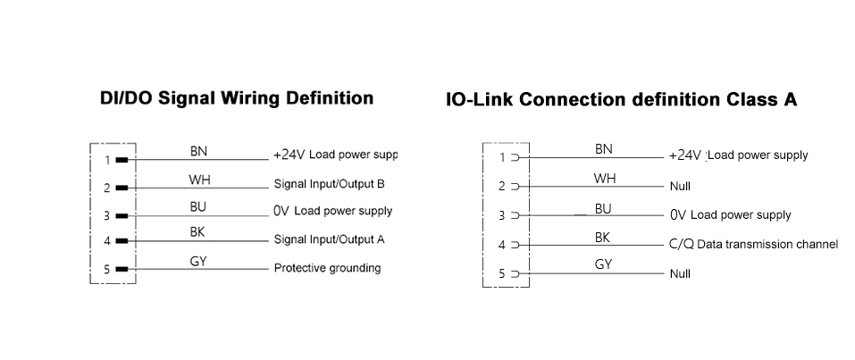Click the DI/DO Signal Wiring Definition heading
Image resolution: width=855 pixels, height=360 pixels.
(236, 98)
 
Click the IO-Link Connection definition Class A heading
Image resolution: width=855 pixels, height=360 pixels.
(621, 100)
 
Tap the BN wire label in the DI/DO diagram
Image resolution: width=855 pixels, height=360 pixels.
(198, 152)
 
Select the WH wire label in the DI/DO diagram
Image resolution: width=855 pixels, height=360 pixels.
(199, 180)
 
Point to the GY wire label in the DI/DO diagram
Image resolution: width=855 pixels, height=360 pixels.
(199, 262)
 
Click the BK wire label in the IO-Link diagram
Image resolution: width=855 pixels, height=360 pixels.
(604, 238)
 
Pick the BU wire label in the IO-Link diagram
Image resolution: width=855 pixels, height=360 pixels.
(604, 209)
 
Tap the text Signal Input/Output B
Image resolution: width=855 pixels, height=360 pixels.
(329, 185)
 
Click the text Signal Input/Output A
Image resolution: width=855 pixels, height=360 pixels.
(329, 239)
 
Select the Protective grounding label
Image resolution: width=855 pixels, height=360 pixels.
(327, 268)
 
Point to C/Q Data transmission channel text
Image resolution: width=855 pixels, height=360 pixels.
(753, 244)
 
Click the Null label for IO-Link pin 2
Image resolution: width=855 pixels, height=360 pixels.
(680, 188)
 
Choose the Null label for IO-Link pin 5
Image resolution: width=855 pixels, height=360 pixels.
(680, 273)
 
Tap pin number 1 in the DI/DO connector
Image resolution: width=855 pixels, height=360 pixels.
(106, 161)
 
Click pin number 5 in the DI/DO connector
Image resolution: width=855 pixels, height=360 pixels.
(106, 269)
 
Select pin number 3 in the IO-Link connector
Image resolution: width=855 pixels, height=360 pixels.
(502, 215)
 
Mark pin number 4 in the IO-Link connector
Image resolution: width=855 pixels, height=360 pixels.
(502, 245)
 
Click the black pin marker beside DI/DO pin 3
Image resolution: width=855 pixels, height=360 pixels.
(122, 215)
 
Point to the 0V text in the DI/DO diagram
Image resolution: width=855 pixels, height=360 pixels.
(281, 212)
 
